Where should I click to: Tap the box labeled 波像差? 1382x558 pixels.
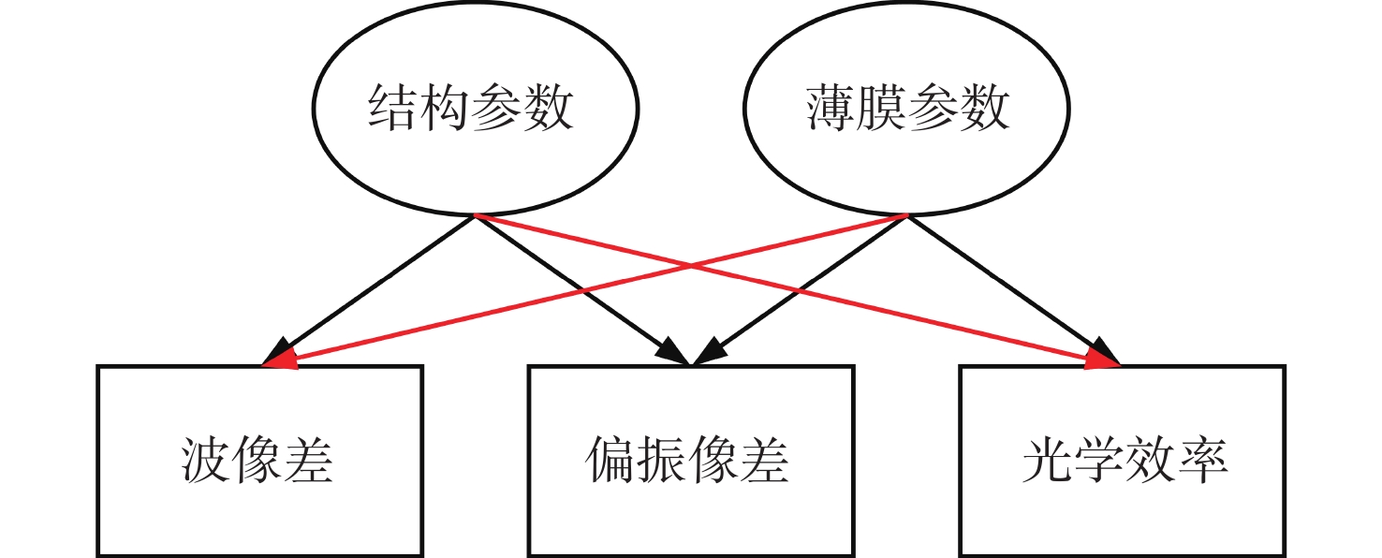pos(259,461)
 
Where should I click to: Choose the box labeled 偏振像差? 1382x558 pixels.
pos(691,461)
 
